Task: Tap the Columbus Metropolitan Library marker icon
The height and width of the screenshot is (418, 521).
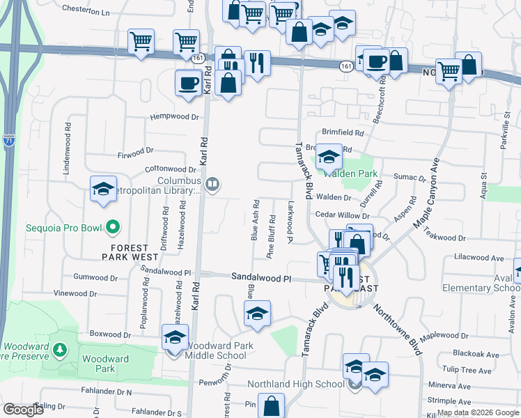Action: (x=213, y=185)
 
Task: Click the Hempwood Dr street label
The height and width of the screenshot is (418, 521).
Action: (x=174, y=117)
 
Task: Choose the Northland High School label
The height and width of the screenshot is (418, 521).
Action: (x=296, y=385)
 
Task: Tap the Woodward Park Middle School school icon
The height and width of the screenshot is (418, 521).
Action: (x=174, y=339)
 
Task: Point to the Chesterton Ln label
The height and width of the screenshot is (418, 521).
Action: (x=86, y=11)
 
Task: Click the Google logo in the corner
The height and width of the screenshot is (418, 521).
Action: (x=23, y=410)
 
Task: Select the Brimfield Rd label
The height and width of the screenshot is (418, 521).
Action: (x=343, y=132)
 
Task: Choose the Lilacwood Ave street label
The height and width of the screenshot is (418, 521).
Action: (x=478, y=258)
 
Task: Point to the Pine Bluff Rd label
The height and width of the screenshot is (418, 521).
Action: (x=270, y=238)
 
